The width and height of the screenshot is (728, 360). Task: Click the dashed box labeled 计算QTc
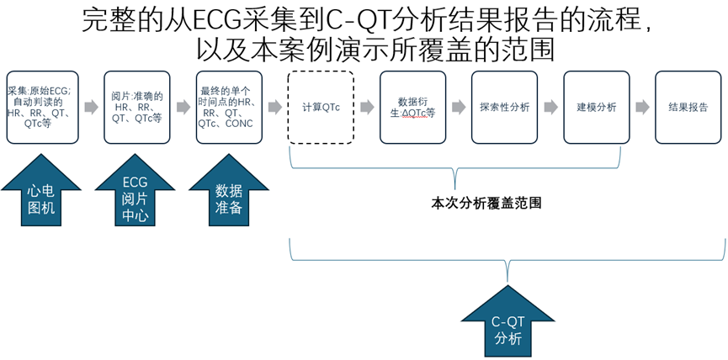coord(321,108)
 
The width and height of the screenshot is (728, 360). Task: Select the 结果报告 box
coord(688,108)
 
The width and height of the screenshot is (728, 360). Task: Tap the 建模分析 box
coord(596,108)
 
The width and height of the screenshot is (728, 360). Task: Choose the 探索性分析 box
coord(504,108)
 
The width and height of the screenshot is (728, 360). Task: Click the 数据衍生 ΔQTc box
coord(412,108)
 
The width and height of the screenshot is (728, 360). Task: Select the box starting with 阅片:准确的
coord(137,108)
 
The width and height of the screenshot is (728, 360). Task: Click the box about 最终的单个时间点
coord(229,108)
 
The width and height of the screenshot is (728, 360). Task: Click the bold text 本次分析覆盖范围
coord(486,204)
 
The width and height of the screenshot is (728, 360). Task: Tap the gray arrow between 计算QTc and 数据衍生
coord(367,108)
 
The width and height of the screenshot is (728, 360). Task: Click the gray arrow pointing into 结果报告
coord(642,108)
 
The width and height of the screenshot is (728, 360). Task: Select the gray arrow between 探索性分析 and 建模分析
coord(550,108)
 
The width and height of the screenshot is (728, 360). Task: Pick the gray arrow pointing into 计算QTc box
coord(274,108)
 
